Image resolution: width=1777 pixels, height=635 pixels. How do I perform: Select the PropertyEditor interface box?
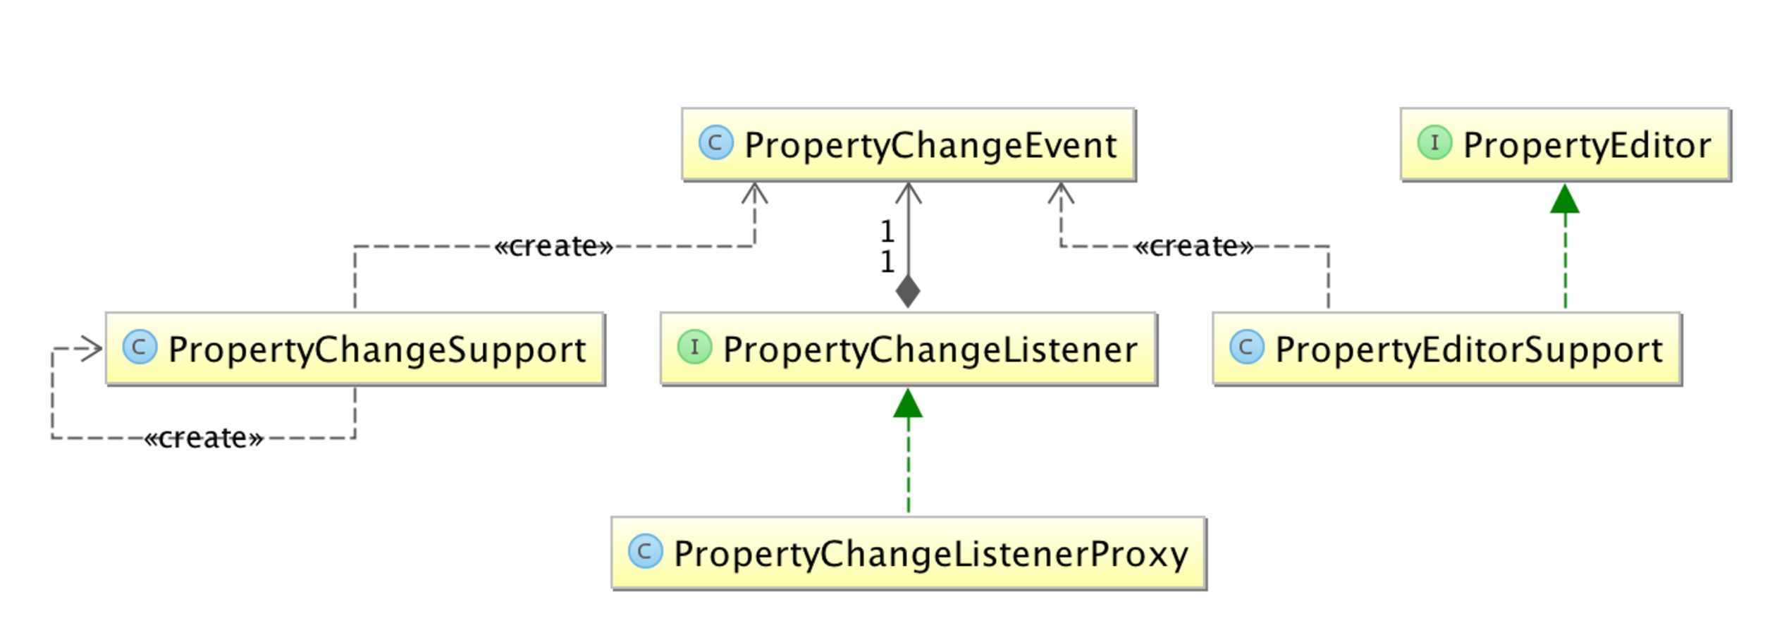click(x=1564, y=144)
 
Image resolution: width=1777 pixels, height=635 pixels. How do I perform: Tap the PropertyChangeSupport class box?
click(x=355, y=348)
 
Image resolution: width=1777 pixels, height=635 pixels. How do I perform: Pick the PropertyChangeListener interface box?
click(x=908, y=348)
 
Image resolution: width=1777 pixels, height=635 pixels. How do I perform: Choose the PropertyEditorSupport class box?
click(x=1446, y=348)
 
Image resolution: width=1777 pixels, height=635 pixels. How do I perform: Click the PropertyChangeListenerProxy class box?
click(x=908, y=553)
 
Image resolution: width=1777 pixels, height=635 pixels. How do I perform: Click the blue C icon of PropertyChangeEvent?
click(x=715, y=143)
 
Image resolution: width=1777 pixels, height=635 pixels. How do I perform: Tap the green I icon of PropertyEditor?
click(x=1434, y=143)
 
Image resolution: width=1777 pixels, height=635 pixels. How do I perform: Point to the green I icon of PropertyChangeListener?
click(x=694, y=347)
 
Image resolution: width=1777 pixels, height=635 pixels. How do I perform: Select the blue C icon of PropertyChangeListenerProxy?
click(x=644, y=551)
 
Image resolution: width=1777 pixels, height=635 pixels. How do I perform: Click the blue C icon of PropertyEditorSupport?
click(x=1246, y=347)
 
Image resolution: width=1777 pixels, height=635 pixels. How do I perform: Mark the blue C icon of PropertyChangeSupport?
click(x=140, y=347)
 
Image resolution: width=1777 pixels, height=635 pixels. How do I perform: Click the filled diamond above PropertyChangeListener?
click(x=908, y=291)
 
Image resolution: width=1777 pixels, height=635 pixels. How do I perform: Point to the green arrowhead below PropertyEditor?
click(x=1564, y=199)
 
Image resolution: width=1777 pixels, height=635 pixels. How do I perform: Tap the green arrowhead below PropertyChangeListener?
click(x=908, y=403)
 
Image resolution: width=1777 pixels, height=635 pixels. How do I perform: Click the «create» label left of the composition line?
click(x=553, y=246)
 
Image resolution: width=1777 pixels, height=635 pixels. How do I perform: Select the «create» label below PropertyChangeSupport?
click(x=204, y=438)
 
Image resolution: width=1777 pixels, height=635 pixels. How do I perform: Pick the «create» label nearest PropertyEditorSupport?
click(x=1193, y=246)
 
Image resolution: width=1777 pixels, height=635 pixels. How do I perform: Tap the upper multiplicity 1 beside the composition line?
click(x=887, y=231)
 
